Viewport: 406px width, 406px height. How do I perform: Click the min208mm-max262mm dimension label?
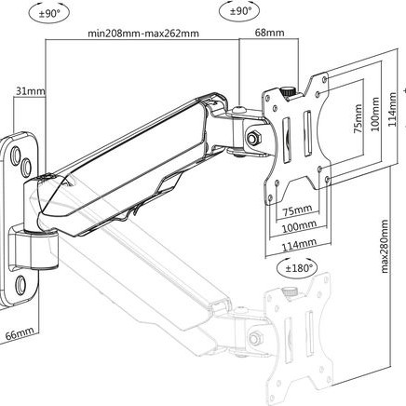tap(143, 34)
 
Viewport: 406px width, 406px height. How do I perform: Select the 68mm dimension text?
tap(269, 33)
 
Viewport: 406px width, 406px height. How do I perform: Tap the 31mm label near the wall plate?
tap(31, 91)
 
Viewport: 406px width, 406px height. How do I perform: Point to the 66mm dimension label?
tap(20, 334)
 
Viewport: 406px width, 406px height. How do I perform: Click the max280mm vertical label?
tap(385, 247)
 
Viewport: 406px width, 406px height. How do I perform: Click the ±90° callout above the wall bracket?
tap(48, 14)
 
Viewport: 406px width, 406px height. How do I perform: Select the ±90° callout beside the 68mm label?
tap(239, 12)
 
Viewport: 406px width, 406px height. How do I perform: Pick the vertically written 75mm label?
tap(358, 118)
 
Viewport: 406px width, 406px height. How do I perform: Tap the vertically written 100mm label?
tap(375, 114)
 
